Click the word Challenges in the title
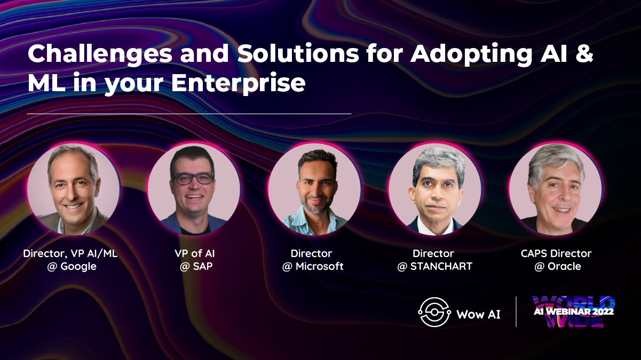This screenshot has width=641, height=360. click(100, 54)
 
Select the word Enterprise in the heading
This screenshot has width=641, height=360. click(238, 84)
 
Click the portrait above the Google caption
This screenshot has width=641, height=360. click(73, 189)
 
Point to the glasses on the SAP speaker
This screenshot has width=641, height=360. click(193, 179)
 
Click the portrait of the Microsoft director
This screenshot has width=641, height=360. click(314, 189)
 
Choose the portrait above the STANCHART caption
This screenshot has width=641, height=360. click(434, 189)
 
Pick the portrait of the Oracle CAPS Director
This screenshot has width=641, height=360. click(556, 189)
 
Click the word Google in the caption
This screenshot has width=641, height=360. click(78, 267)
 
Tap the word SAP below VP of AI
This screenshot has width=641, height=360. click(203, 266)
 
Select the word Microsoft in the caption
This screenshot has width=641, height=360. click(319, 266)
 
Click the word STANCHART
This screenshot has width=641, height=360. click(441, 266)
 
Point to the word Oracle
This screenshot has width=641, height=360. click(564, 266)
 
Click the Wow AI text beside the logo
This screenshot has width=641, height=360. click(478, 314)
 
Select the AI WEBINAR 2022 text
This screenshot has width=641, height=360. click(574, 311)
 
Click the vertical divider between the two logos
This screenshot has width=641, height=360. click(516, 311)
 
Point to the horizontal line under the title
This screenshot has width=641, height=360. click(189, 114)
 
